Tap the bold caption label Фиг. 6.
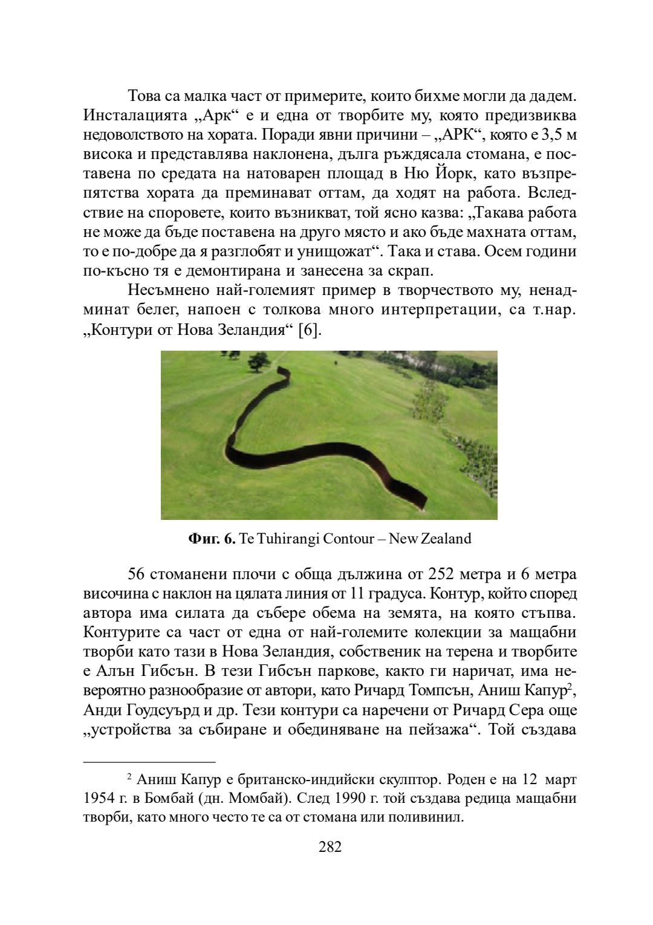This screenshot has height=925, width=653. tap(212, 539)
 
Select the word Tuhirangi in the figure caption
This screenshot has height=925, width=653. tap(288, 539)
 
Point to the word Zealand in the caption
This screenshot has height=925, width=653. tap(446, 539)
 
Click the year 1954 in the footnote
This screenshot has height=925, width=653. tap(99, 799)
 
